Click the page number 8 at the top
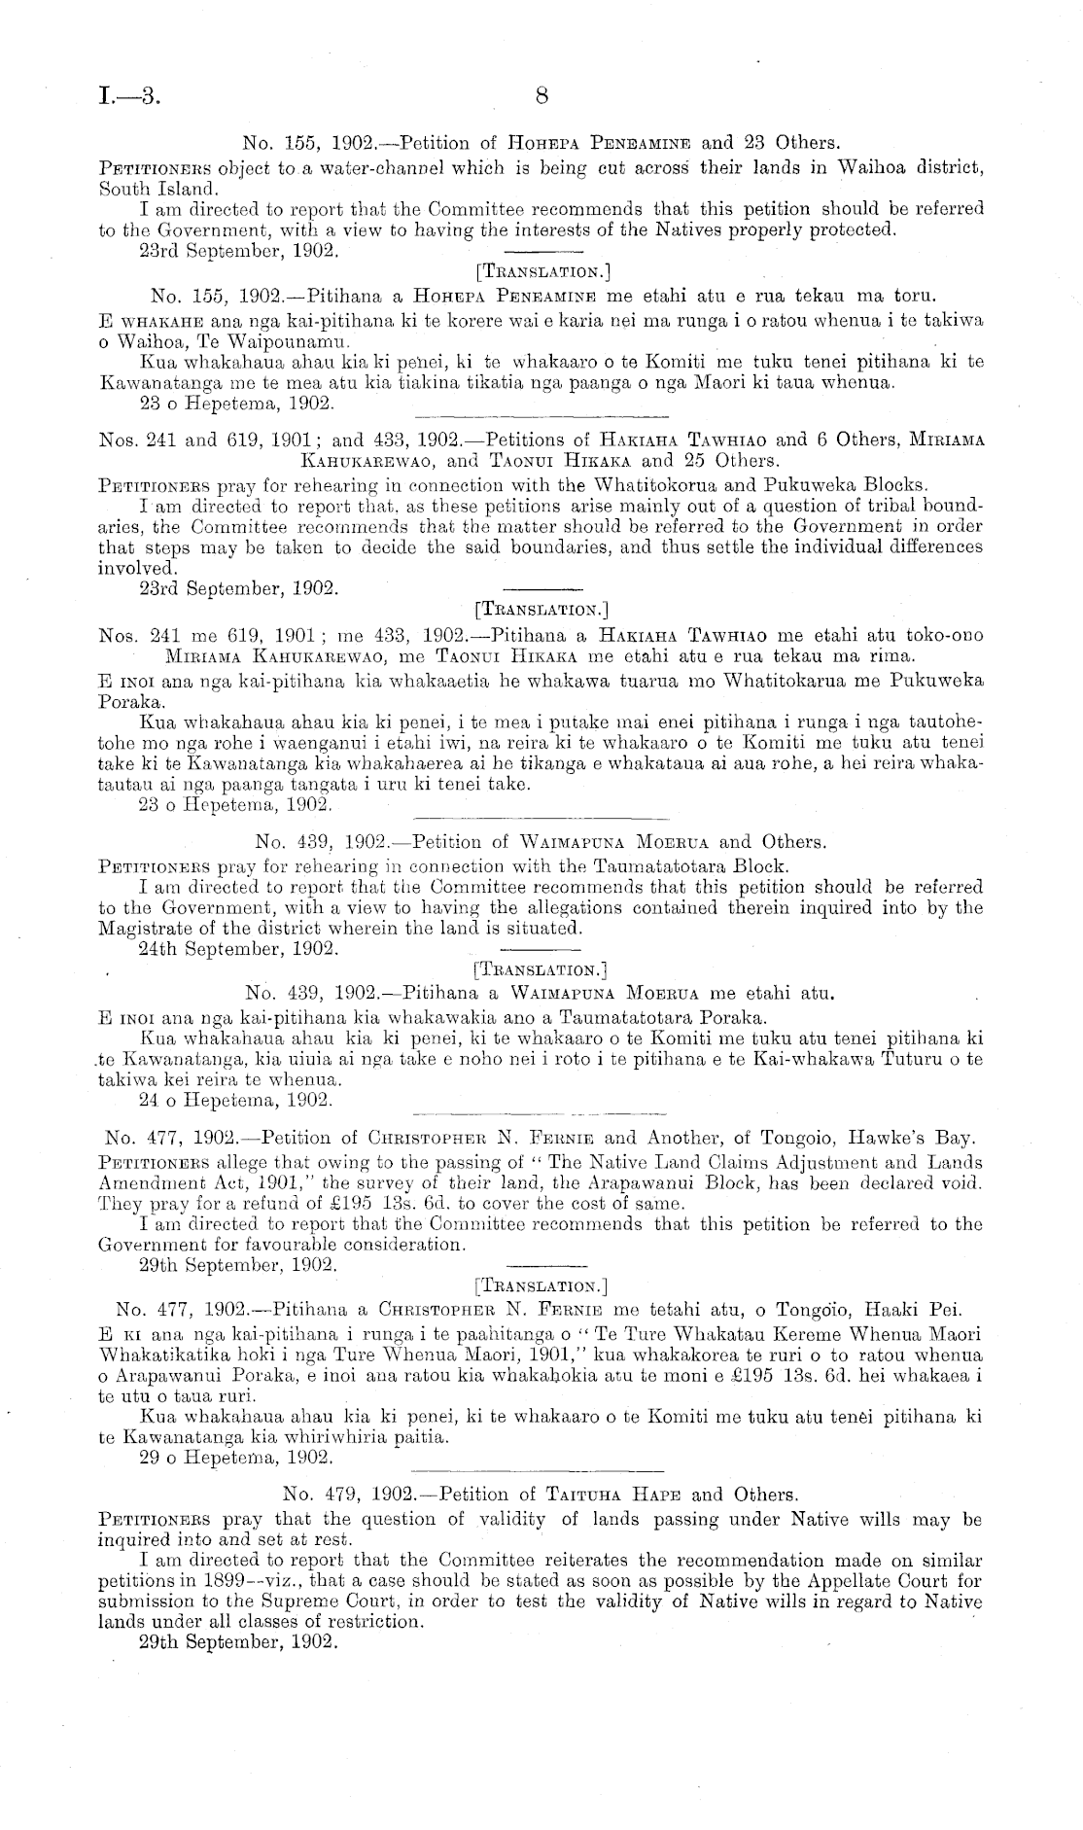(541, 95)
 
